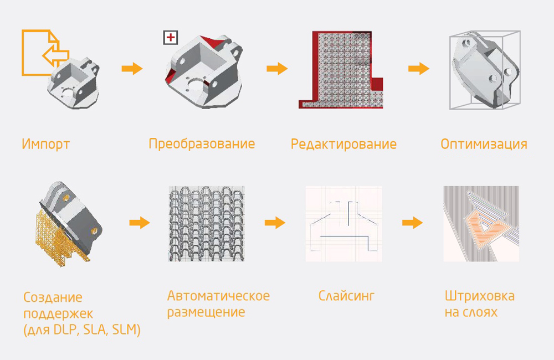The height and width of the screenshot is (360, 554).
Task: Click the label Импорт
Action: [x=46, y=145]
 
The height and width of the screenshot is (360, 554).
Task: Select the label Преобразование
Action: [x=202, y=144]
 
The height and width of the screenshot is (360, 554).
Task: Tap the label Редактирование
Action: [x=343, y=145]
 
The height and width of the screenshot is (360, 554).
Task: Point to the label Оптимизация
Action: [x=484, y=145]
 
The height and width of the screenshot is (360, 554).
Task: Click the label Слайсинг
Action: [x=346, y=296]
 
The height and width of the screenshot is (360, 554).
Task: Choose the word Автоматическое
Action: [x=218, y=296]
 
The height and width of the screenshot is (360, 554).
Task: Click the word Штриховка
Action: [x=480, y=296]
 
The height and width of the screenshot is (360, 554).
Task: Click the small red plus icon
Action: [x=171, y=38]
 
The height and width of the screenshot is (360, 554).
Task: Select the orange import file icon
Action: [x=44, y=53]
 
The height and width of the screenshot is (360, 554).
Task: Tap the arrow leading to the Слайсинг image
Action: [x=275, y=223]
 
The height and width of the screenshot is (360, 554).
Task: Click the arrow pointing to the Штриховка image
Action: [x=412, y=223]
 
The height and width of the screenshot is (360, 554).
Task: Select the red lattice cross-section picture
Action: [x=341, y=69]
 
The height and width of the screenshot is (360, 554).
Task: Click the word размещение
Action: [x=206, y=312]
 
